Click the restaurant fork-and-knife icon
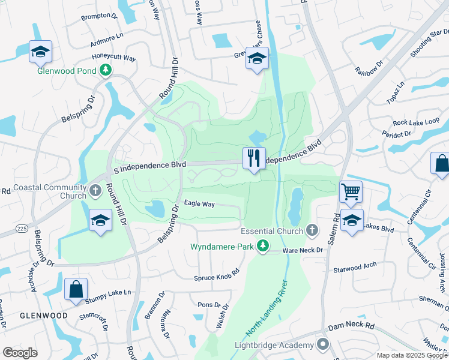[254, 158]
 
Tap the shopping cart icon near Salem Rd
[351, 192]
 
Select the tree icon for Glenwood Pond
[106, 70]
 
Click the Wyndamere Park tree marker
[263, 246]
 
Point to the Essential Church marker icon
[311, 230]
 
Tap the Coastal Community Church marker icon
[95, 192]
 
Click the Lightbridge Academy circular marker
[323, 344]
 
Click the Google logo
[20, 353]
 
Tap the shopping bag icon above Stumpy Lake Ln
[76, 289]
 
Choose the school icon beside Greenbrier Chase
[257, 59]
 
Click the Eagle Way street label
[199, 205]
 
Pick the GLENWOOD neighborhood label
[43, 316]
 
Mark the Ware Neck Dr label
[303, 250]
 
